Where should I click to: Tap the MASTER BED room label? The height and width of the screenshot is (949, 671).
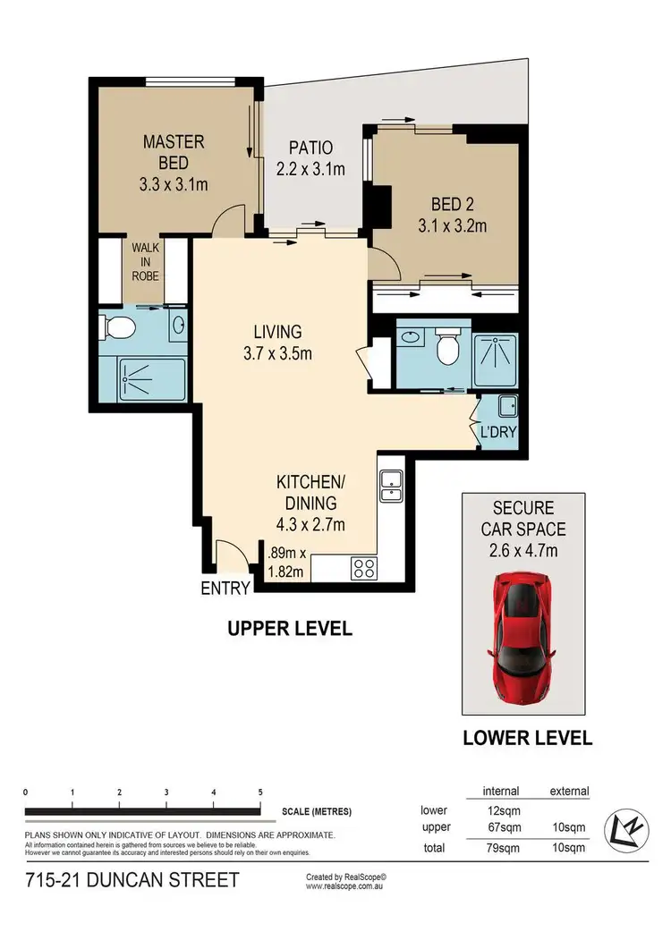(x=174, y=152)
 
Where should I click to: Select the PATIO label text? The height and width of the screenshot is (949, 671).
(x=310, y=148)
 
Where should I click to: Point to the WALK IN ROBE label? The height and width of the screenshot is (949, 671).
(x=145, y=261)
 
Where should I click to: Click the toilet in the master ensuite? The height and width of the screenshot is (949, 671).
(x=116, y=329)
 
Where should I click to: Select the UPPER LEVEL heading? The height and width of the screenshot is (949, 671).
(x=288, y=629)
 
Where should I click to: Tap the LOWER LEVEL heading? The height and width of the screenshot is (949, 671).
(x=527, y=739)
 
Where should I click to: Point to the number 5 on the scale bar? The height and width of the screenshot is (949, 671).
(x=260, y=792)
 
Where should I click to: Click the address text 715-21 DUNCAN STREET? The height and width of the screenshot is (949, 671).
(x=132, y=880)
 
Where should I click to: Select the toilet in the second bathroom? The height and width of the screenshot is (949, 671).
(x=445, y=347)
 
